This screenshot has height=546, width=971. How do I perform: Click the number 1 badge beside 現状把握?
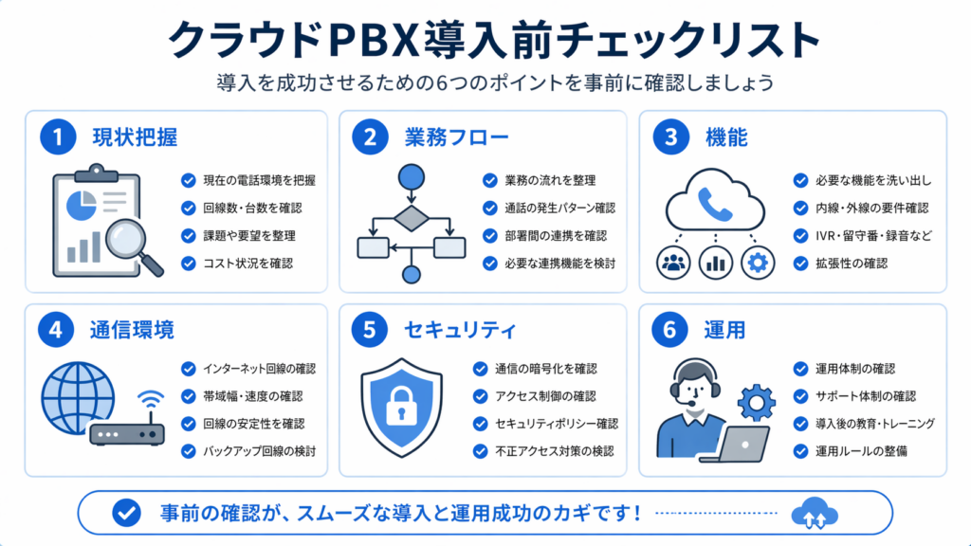point(58,137)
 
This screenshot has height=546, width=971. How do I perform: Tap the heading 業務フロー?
point(443,137)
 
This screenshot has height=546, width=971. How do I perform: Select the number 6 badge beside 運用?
point(669,330)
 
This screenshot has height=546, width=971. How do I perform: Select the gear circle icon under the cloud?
point(758,263)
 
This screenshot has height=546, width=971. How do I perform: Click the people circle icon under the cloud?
point(674,263)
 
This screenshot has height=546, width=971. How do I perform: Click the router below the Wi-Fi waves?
point(126,433)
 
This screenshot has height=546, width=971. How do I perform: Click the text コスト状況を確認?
point(249,263)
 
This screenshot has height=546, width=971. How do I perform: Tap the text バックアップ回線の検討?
point(259,451)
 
